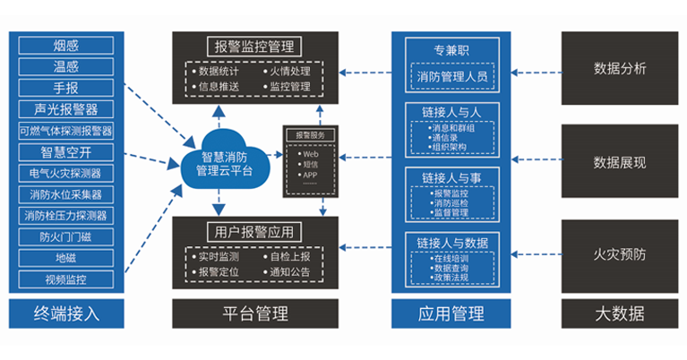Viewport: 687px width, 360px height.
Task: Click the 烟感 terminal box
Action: (65, 45)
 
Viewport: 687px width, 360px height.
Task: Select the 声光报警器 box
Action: (65, 109)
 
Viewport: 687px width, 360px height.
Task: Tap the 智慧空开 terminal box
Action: (65, 151)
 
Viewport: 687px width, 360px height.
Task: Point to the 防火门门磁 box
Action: (65, 237)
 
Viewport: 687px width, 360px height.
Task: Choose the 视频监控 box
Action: (65, 280)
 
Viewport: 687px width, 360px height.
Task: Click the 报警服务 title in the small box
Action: (310, 135)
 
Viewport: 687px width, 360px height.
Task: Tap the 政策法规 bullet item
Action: (451, 279)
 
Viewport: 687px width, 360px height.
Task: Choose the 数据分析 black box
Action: (620, 69)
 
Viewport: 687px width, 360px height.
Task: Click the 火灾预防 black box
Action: (620, 254)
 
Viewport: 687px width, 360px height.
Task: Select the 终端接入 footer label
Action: (65, 313)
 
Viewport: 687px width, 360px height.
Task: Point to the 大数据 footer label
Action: (620, 313)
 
